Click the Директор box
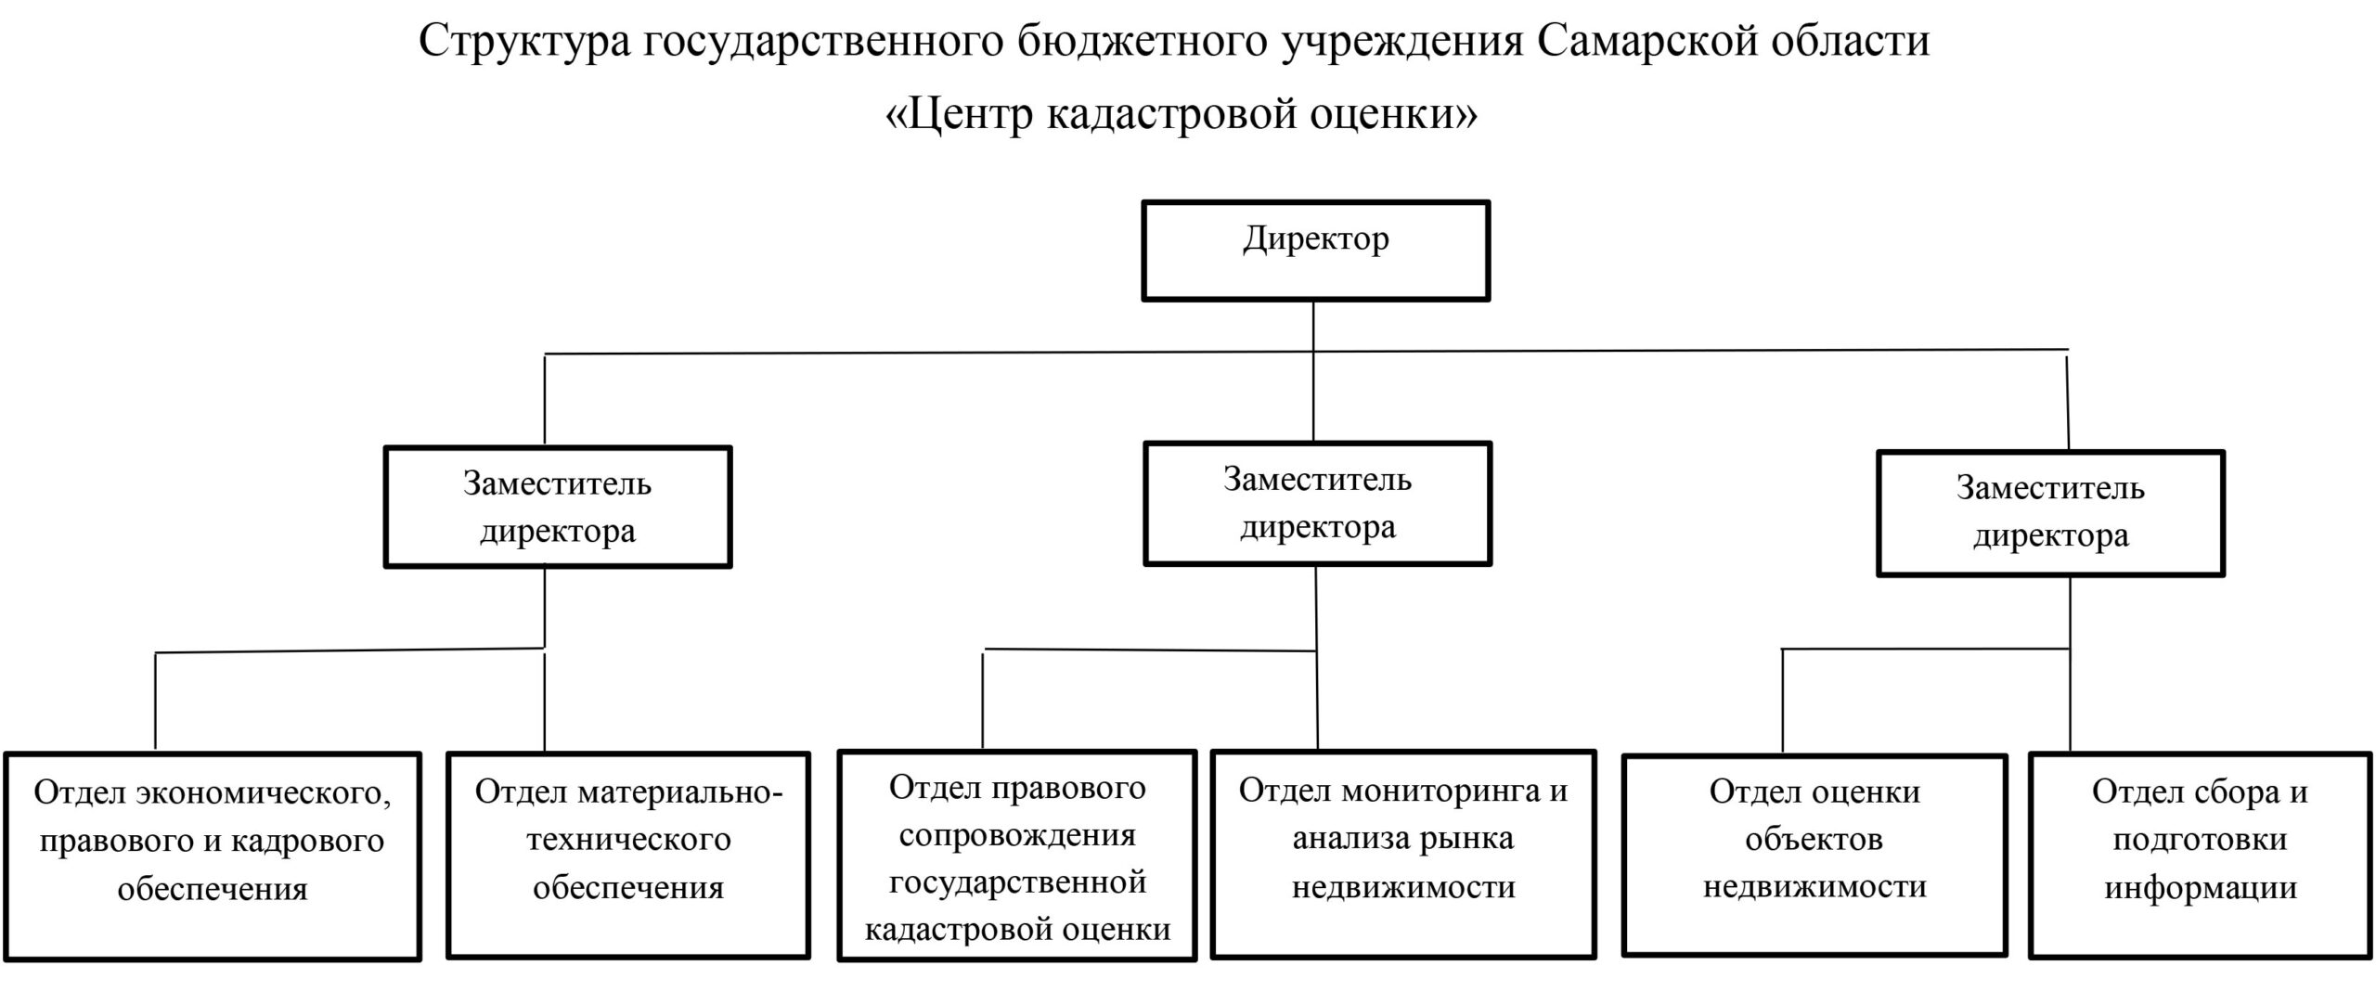1315,251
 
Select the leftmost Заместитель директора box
558,507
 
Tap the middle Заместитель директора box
1317,503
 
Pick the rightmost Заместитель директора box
2050,513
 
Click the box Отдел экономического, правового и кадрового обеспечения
213,856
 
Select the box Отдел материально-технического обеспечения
628,855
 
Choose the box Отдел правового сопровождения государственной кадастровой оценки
1017,856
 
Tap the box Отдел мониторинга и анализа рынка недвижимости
1403,854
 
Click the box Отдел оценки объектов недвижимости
1814,854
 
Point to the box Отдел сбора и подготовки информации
2200,855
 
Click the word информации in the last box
2200,887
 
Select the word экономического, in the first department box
264,792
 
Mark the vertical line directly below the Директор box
1313,326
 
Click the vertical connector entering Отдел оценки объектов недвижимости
1783,701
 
